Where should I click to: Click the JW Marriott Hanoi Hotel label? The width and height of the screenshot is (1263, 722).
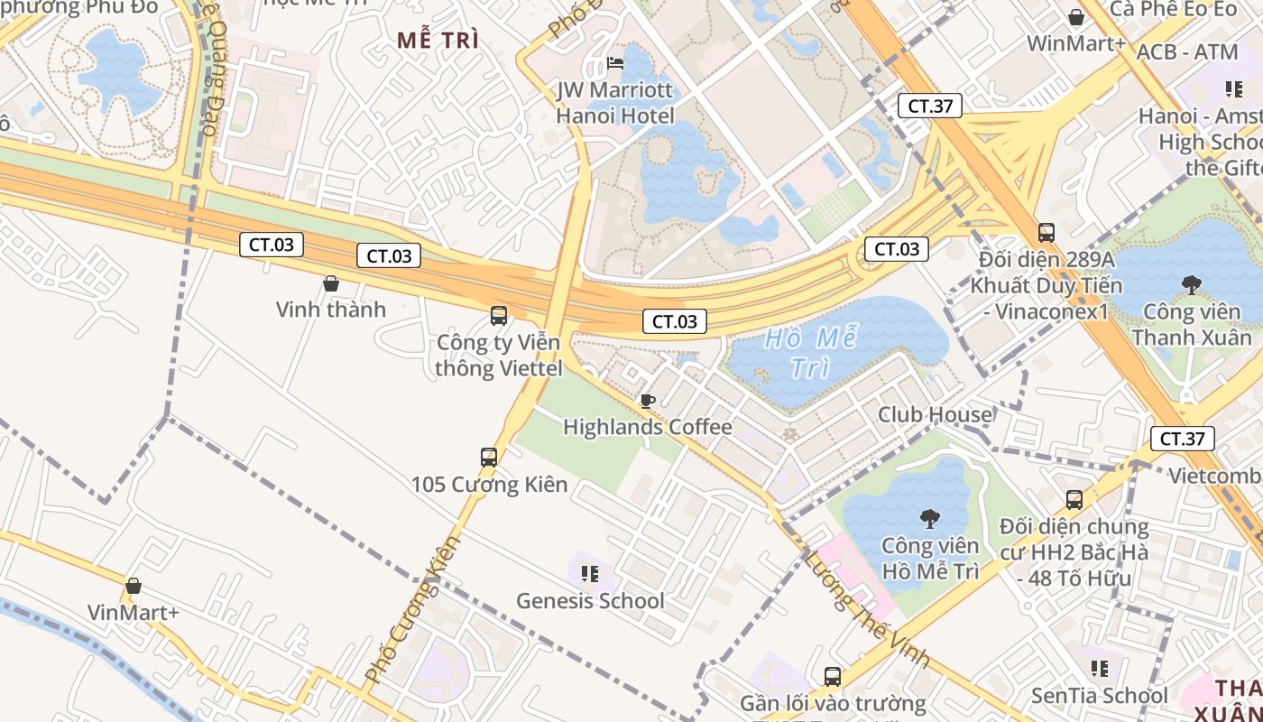[x=615, y=103]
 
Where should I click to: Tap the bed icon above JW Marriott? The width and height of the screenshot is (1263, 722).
[x=615, y=62]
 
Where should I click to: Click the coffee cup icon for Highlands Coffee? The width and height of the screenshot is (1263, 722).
[x=647, y=401]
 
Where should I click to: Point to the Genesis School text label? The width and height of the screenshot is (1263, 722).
[x=590, y=600]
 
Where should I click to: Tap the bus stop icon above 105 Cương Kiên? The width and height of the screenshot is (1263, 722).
[x=489, y=458]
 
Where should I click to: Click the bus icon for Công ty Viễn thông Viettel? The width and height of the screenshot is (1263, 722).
[x=499, y=316]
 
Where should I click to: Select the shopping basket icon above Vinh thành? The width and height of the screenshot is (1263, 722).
[x=331, y=283]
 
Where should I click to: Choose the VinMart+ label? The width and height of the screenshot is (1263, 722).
[x=134, y=613]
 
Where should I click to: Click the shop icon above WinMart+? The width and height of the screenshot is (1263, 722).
[x=1076, y=17]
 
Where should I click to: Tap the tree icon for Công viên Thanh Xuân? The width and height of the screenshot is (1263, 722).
[x=1192, y=285]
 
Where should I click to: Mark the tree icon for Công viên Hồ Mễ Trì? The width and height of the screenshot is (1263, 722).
[x=929, y=518]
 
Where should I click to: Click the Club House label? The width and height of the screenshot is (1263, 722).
[x=936, y=414]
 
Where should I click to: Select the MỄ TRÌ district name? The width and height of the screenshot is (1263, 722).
[x=438, y=40]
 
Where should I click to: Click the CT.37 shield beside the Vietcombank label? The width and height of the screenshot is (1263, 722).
[x=1182, y=440]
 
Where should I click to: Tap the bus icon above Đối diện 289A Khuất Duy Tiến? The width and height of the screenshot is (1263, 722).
[x=1046, y=233]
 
